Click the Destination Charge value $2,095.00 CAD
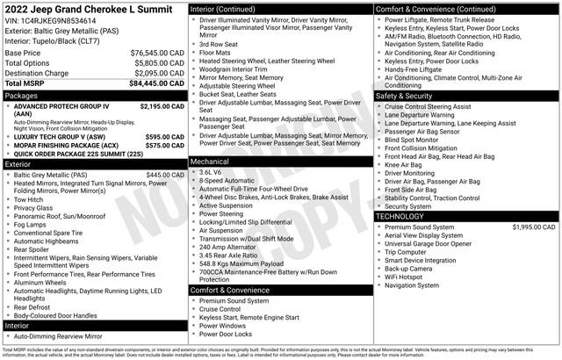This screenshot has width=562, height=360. pos(156,73)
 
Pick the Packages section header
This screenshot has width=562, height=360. pos(22,94)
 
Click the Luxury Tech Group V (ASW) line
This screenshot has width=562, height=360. pos(60,137)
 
